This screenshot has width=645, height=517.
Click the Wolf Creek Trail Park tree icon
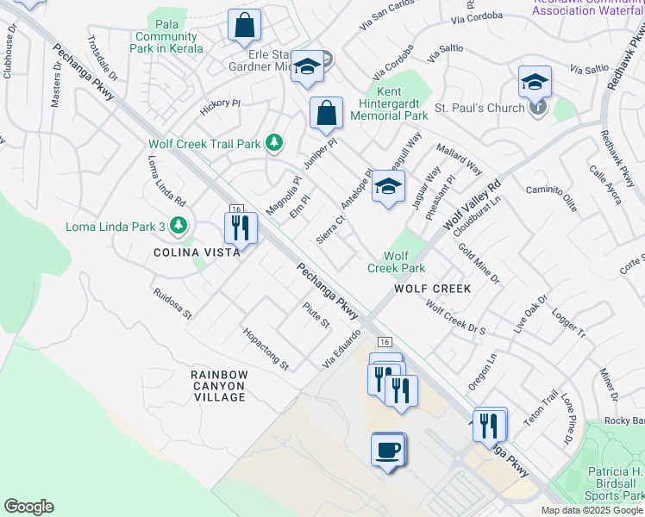[274, 142]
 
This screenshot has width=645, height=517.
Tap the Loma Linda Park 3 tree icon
[178, 227]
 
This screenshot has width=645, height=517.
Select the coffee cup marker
[387, 449]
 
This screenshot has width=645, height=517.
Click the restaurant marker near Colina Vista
[238, 227]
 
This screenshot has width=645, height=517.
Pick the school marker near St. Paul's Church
[535, 82]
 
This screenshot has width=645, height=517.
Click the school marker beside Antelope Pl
[388, 187]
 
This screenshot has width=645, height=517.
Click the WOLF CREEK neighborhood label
[433, 289]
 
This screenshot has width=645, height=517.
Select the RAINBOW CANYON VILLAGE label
[219, 385]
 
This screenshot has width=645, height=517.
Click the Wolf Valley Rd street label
[473, 205]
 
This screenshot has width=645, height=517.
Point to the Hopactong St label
[266, 348]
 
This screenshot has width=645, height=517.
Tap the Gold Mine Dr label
[479, 263]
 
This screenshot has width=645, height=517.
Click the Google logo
[29, 507]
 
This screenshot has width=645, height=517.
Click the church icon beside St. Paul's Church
[538, 108]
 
